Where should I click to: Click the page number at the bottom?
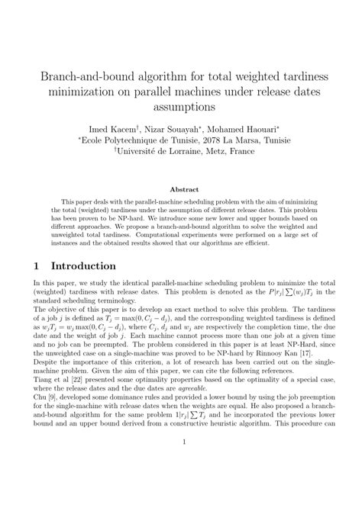click(x=181, y=483)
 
